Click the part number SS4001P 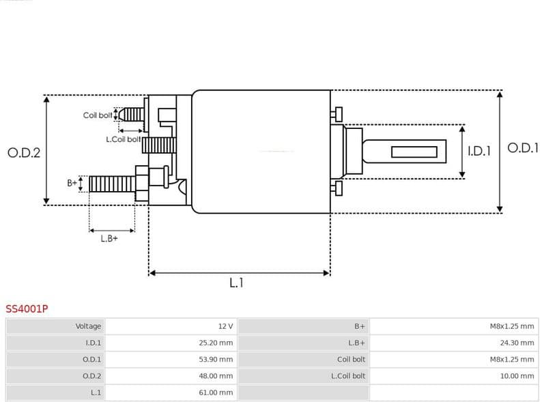pos(27,308)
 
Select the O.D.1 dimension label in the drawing pos(522,147)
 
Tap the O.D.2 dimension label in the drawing pos(24,152)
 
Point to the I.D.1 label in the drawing pos(479,152)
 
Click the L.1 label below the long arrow pos(236,283)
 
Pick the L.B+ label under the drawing pos(109,238)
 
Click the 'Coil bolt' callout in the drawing pos(98,115)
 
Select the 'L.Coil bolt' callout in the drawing pos(123,139)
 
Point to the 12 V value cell pos(225,326)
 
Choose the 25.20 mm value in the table pos(216,343)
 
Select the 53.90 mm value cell pos(216,359)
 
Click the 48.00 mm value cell pos(216,375)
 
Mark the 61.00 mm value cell pos(216,392)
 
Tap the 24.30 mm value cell pos(517,343)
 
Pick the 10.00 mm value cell pos(517,375)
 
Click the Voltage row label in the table pos(88,326)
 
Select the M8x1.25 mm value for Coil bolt pos(512,359)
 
